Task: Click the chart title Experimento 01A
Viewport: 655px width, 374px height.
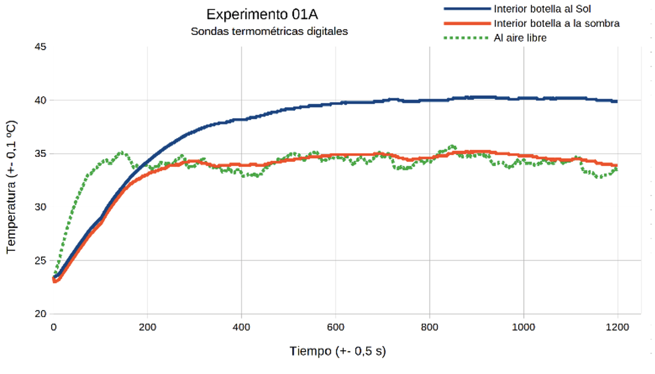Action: pyautogui.click(x=262, y=15)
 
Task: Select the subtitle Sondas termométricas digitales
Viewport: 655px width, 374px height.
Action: pyautogui.click(x=269, y=31)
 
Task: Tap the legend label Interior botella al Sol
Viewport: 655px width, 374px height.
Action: pyautogui.click(x=542, y=9)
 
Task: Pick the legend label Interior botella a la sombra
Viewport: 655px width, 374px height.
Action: pyautogui.click(x=556, y=23)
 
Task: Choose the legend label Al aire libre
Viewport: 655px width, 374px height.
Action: pyautogui.click(x=520, y=38)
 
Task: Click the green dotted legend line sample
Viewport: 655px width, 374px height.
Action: pyautogui.click(x=466, y=38)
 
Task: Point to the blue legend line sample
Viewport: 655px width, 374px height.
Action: pyautogui.click(x=467, y=9)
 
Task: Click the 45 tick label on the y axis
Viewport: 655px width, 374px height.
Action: pyautogui.click(x=40, y=47)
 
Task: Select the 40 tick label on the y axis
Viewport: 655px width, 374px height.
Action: pyautogui.click(x=40, y=100)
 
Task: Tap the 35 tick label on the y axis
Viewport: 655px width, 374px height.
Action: pyautogui.click(x=40, y=154)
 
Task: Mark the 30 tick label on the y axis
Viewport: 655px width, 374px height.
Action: pyautogui.click(x=40, y=207)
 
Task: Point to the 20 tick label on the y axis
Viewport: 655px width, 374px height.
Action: pyautogui.click(x=40, y=314)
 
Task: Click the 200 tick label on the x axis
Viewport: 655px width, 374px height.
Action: pyautogui.click(x=147, y=327)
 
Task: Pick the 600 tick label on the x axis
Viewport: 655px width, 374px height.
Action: pyautogui.click(x=335, y=327)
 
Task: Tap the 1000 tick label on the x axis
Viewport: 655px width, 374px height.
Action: pyautogui.click(x=523, y=327)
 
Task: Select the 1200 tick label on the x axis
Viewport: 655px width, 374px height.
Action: pyautogui.click(x=617, y=327)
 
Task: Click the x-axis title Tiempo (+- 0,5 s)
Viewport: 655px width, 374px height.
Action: pyautogui.click(x=338, y=351)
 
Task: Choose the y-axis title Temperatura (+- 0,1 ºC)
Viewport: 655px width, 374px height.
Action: pyautogui.click(x=11, y=187)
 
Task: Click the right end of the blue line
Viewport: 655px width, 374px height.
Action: pyautogui.click(x=616, y=101)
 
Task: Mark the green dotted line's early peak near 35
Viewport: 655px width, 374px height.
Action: pyautogui.click(x=122, y=152)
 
